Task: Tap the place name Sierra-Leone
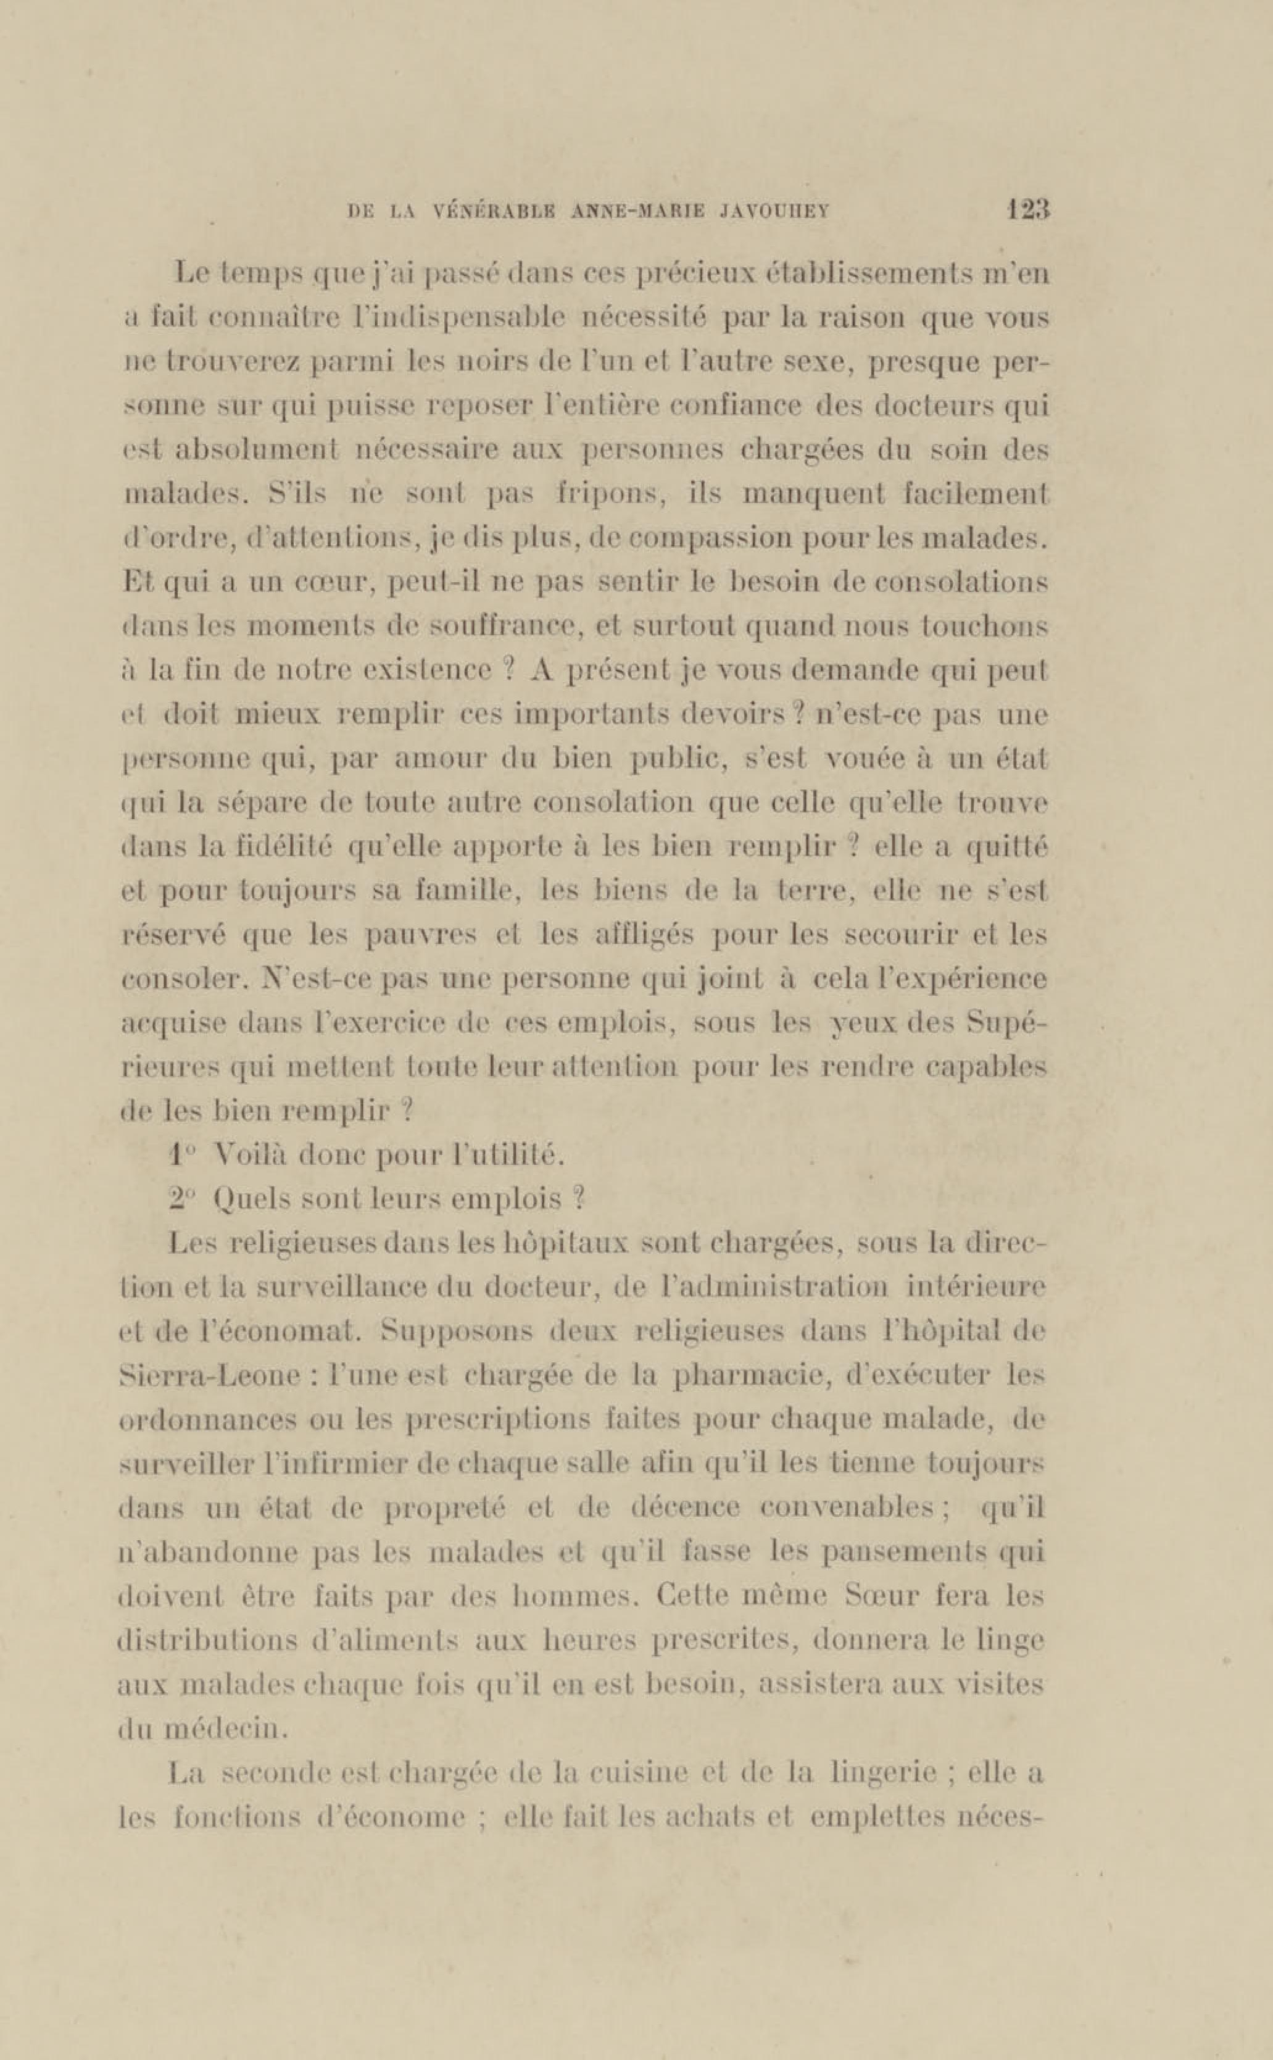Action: (x=208, y=1374)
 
